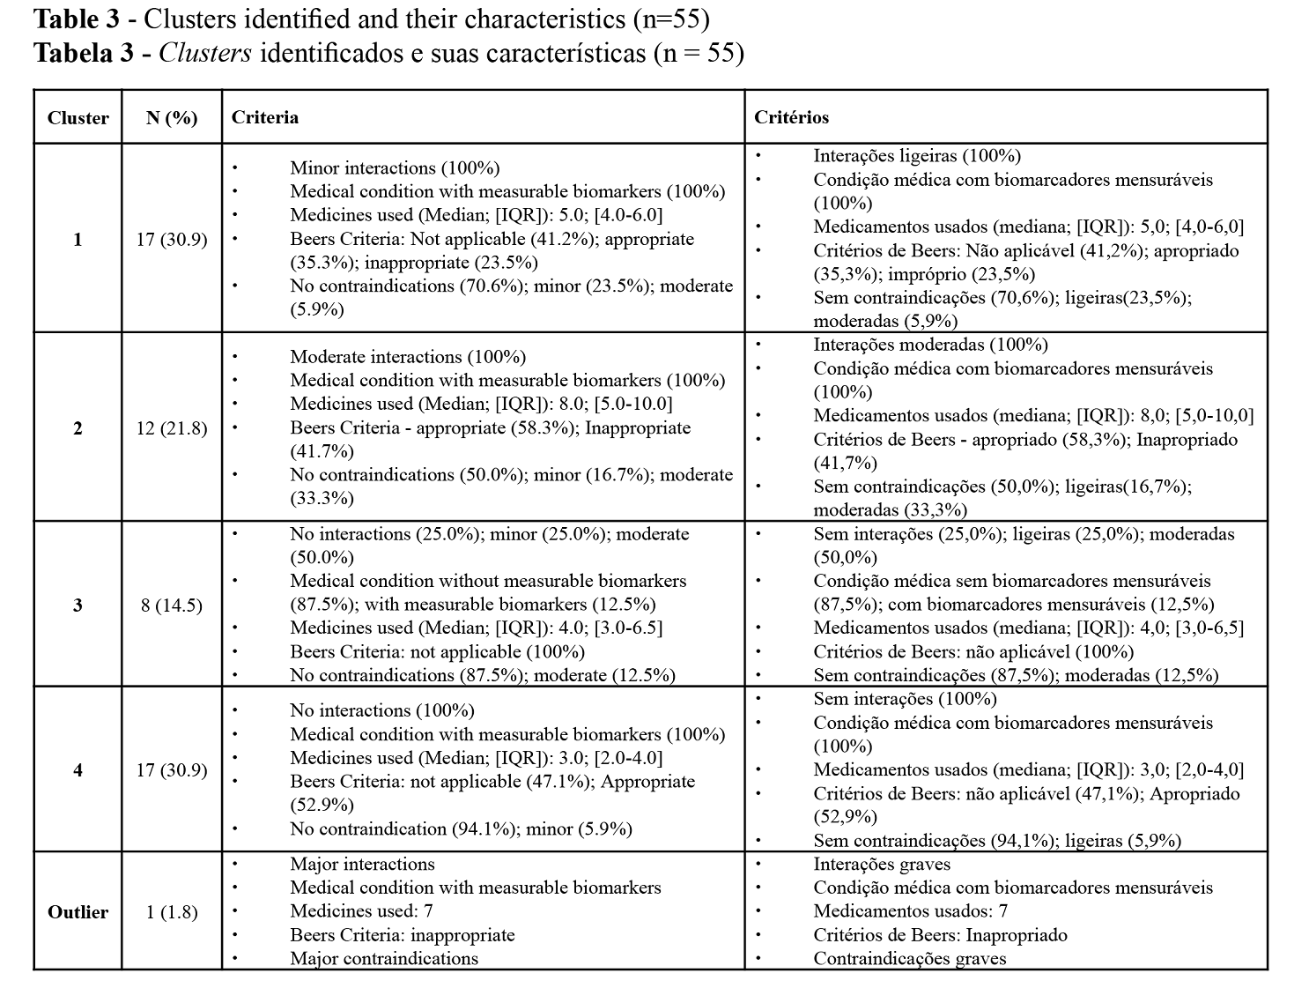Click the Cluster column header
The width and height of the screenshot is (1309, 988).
pyautogui.click(x=78, y=118)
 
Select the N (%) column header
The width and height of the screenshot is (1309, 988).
pyautogui.click(x=172, y=118)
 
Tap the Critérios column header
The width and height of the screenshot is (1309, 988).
pyautogui.click(x=791, y=117)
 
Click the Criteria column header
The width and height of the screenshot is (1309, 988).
pyautogui.click(x=264, y=117)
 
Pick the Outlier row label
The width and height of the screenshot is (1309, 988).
pyautogui.click(x=78, y=912)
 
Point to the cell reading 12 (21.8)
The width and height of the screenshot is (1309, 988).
pyautogui.click(x=172, y=428)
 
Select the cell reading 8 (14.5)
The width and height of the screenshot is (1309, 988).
pyautogui.click(x=172, y=605)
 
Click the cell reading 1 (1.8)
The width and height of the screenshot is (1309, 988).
pyautogui.click(x=172, y=912)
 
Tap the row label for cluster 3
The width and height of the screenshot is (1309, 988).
pyautogui.click(x=78, y=605)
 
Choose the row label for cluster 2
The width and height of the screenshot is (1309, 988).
pyautogui.click(x=78, y=428)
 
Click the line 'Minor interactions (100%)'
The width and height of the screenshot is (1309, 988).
pyautogui.click(x=395, y=167)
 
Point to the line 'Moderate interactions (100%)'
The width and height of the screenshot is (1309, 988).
pyautogui.click(x=408, y=357)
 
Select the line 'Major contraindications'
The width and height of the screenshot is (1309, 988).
pyautogui.click(x=384, y=959)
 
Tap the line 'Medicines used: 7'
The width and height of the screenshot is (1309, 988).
pyautogui.click(x=361, y=911)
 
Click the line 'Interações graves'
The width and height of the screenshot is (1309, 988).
pyautogui.click(x=882, y=865)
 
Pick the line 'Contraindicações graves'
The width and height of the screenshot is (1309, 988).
pyautogui.click(x=909, y=959)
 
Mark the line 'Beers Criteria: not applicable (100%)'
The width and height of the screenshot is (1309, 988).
pyautogui.click(x=437, y=652)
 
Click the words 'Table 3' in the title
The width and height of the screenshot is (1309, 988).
pyautogui.click(x=76, y=19)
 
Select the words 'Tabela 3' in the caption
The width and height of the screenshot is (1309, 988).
pyautogui.click(x=84, y=54)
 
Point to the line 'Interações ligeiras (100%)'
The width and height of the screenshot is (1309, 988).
pyautogui.click(x=917, y=156)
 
